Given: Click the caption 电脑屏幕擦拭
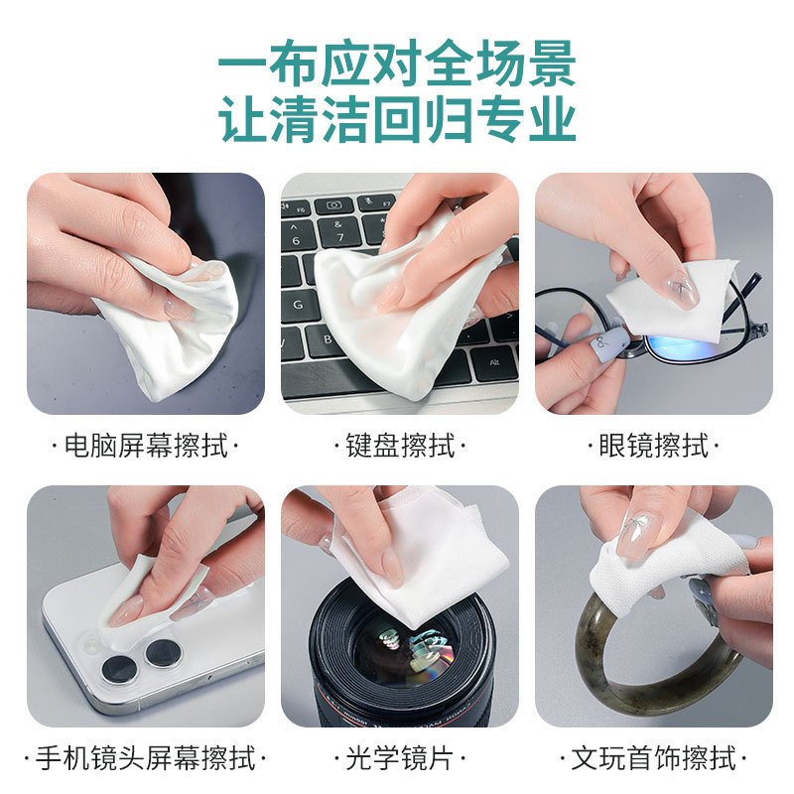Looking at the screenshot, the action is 145,446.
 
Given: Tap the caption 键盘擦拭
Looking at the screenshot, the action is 400,446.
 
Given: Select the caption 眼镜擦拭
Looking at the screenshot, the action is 653,446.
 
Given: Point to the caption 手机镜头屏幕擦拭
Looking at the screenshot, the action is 145,758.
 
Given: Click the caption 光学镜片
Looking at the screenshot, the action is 400,758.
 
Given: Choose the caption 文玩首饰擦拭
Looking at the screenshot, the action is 653,758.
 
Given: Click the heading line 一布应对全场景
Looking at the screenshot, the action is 398,64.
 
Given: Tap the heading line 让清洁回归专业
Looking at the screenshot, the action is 398,119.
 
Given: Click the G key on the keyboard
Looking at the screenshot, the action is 300,305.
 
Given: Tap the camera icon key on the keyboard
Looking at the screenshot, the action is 333,205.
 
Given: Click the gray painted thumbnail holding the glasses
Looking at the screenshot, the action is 609,340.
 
